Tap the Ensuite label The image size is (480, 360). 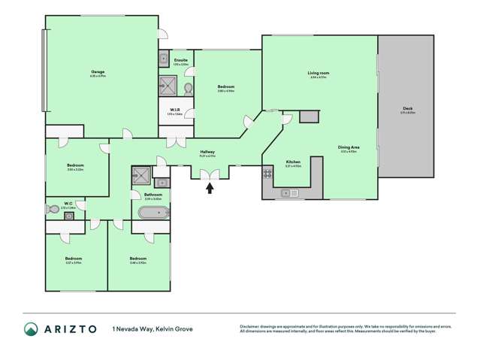[181, 59]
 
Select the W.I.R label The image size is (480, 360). [173, 110]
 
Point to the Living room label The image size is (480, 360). [318, 73]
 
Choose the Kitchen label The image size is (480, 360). [293, 162]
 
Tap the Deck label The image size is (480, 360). [407, 109]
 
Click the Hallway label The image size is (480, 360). [207, 152]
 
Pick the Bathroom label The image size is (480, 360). [153, 195]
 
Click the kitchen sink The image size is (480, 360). [288, 193]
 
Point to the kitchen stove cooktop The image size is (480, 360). [267, 174]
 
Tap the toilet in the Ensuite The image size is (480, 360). [188, 88]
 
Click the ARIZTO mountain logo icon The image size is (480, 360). [31, 328]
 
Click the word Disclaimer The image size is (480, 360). [251, 326]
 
